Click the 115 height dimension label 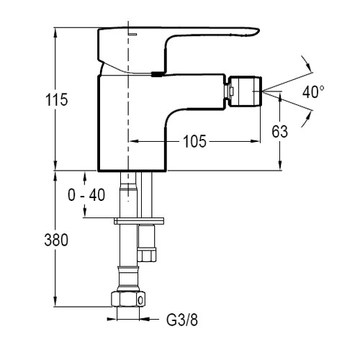pyautogui.click(x=57, y=99)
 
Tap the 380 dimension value pyautogui.click(x=56, y=240)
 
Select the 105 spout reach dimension pyautogui.click(x=194, y=141)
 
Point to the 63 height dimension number pyautogui.click(x=279, y=132)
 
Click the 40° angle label pyautogui.click(x=313, y=91)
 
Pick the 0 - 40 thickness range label pyautogui.click(x=86, y=194)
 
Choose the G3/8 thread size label pyautogui.click(x=182, y=320)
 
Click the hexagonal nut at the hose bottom pyautogui.click(x=128, y=299)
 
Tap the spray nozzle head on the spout pyautogui.click(x=245, y=91)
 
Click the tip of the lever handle pyautogui.click(x=258, y=31)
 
